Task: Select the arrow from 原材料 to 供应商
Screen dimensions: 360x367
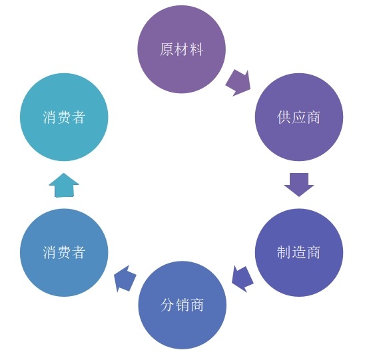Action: tap(238, 82)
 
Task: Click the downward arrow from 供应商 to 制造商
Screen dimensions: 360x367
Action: tap(299, 184)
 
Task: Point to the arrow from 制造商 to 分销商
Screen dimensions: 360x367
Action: tap(242, 278)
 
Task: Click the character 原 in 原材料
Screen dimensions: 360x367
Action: tap(167, 50)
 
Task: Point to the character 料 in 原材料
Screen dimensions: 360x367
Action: tap(196, 50)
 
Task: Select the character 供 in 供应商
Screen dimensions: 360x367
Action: tap(284, 118)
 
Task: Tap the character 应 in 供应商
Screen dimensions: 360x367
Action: tap(299, 118)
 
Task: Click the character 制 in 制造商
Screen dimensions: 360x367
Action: tap(284, 253)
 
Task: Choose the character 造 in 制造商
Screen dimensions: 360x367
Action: tap(299, 253)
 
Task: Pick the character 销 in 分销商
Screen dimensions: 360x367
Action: tap(182, 305)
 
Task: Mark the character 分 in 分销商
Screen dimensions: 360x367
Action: tap(168, 305)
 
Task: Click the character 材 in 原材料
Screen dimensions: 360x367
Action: tap(181, 50)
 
